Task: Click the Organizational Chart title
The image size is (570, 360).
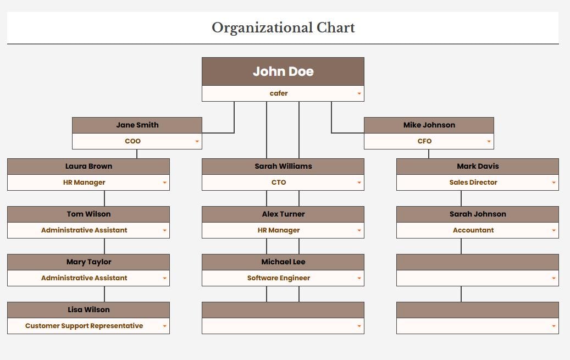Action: [x=283, y=28]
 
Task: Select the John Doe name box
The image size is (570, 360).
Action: [x=283, y=71]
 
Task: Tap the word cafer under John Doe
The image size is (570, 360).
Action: [x=279, y=93]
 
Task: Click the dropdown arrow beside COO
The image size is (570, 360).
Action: [x=197, y=141]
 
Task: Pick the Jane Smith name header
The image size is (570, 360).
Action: [x=137, y=125]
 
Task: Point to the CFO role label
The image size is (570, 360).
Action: [x=424, y=141]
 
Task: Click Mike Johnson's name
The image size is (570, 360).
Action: [x=429, y=125]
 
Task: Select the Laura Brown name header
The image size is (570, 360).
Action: [x=88, y=166]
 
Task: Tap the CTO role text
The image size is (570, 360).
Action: [x=279, y=182]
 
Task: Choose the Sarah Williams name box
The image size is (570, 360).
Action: [x=283, y=166]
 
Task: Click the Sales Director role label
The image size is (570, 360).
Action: [x=473, y=182]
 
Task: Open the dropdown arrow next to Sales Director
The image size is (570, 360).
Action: [x=554, y=182]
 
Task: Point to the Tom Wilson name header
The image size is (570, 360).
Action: [x=88, y=214]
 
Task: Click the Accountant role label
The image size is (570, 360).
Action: [x=473, y=230]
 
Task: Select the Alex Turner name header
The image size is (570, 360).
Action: [x=283, y=214]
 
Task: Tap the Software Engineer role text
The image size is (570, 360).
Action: [x=279, y=278]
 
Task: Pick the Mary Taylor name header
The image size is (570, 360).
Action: [x=88, y=262]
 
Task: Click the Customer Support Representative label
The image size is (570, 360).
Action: [x=84, y=326]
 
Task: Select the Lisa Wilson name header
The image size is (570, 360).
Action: [x=88, y=310]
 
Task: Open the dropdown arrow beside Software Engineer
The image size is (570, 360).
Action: [x=359, y=278]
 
